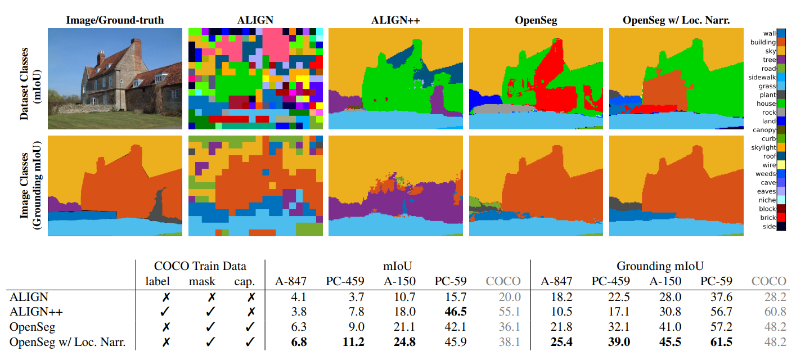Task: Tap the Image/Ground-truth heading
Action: [115, 20]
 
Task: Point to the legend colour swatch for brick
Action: [781, 218]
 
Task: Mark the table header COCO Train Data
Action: [201, 267]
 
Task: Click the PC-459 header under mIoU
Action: [345, 281]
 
